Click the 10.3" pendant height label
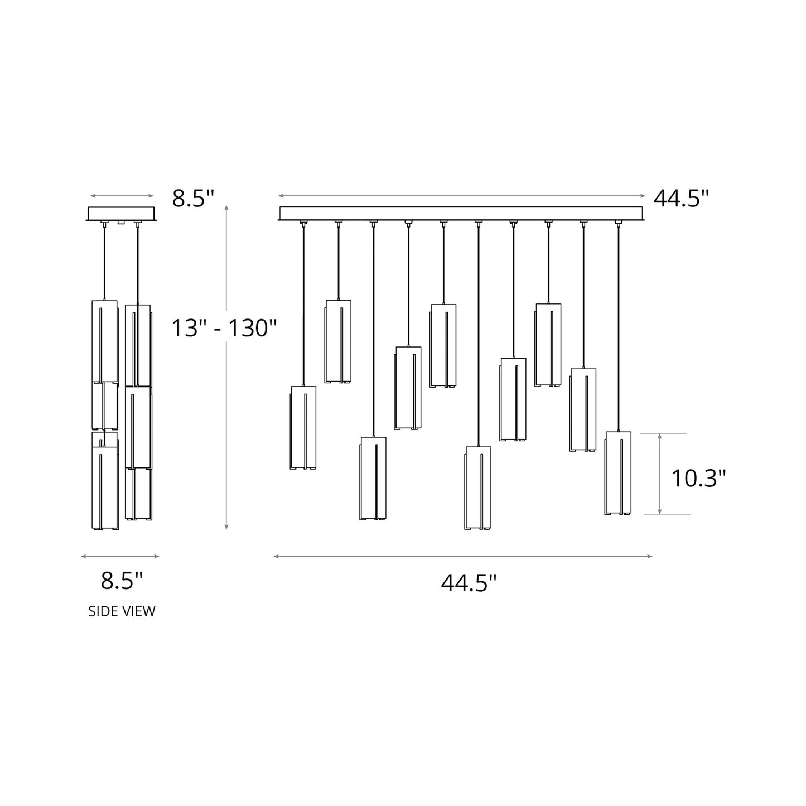(698, 479)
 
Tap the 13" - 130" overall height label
(224, 328)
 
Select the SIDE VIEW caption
(122, 611)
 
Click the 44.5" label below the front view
(469, 583)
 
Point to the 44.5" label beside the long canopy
(681, 198)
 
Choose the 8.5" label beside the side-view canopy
(192, 198)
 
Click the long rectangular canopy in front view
(461, 214)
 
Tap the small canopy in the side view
(121, 214)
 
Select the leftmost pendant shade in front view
(303, 427)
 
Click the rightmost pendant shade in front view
(618, 473)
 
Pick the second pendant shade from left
(338, 341)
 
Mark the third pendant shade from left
(373, 478)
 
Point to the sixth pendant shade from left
(478, 488)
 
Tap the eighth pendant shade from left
(548, 345)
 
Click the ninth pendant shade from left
(583, 409)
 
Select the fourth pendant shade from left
(408, 388)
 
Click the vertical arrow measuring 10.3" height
(660, 474)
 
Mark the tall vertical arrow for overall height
(226, 368)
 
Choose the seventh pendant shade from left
(513, 399)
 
